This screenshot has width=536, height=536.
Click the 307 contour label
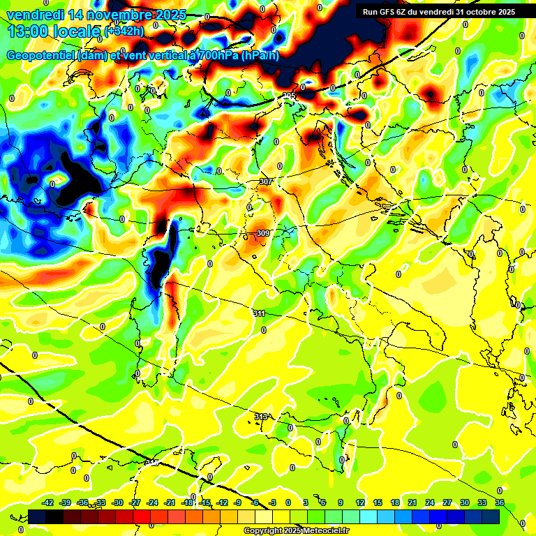(265, 181)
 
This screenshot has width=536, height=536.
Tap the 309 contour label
(263, 233)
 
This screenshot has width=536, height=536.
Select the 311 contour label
(260, 313)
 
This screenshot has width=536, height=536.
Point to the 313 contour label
(260, 417)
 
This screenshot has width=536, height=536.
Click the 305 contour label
(289, 96)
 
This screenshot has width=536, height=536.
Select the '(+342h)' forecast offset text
(124, 31)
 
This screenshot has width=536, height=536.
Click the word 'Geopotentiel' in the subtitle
(42, 56)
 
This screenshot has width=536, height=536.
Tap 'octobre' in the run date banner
(478, 12)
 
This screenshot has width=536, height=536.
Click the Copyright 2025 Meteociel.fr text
(296, 530)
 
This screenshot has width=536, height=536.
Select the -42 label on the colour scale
(48, 502)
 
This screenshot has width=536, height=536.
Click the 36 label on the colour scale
(500, 502)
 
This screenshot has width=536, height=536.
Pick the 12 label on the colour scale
(361, 502)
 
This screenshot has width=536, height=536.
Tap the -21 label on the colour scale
(170, 502)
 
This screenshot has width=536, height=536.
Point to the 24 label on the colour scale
(430, 502)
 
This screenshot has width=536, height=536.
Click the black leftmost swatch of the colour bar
(37, 516)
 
